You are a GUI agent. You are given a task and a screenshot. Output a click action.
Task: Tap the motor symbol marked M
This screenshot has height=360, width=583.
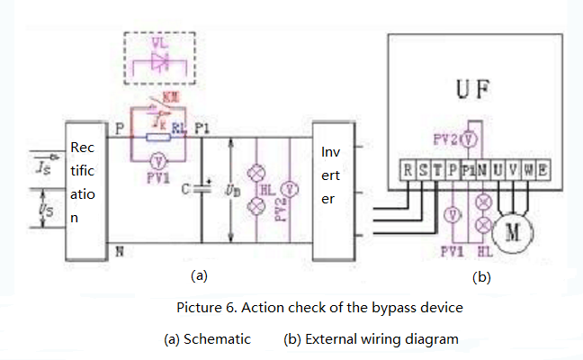pyautogui.click(x=514, y=230)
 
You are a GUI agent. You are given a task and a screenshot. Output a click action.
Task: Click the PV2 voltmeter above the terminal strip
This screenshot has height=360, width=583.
pyautogui.click(x=469, y=140)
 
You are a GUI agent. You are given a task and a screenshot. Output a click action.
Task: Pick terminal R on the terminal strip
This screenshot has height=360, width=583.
pyautogui.click(x=409, y=168)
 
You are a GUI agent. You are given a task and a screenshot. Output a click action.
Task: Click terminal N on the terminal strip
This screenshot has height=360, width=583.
pyautogui.click(x=483, y=168)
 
